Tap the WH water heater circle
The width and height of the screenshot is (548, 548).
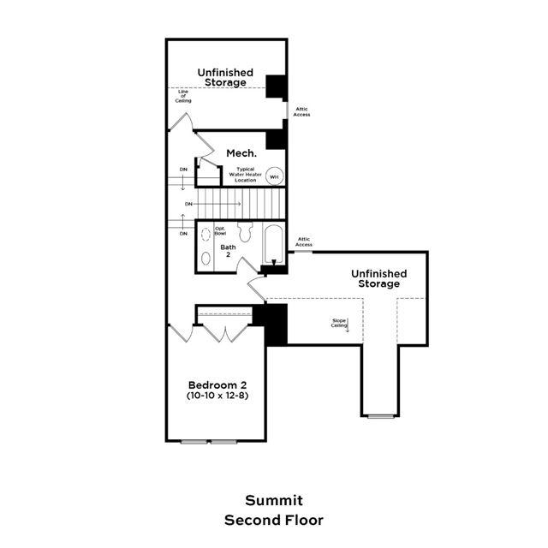click(274, 176)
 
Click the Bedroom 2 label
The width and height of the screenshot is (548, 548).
click(217, 384)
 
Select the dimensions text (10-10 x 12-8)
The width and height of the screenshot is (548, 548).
click(217, 396)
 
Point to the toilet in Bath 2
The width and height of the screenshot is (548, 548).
click(245, 234)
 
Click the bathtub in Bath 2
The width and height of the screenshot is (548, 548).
click(273, 243)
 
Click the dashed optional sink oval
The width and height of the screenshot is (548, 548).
click(206, 234)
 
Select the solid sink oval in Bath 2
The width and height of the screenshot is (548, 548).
click(206, 257)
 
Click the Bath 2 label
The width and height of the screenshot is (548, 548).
click(229, 251)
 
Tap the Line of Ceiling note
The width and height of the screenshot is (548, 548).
click(184, 96)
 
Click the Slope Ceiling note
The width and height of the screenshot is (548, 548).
click(340, 323)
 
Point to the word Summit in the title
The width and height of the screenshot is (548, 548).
click(274, 500)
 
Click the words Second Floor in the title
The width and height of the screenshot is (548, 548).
click(274, 519)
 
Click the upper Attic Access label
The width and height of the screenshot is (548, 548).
click(302, 111)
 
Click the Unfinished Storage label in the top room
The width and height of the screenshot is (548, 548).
click(225, 77)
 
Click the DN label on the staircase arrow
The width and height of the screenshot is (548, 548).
click(188, 204)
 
